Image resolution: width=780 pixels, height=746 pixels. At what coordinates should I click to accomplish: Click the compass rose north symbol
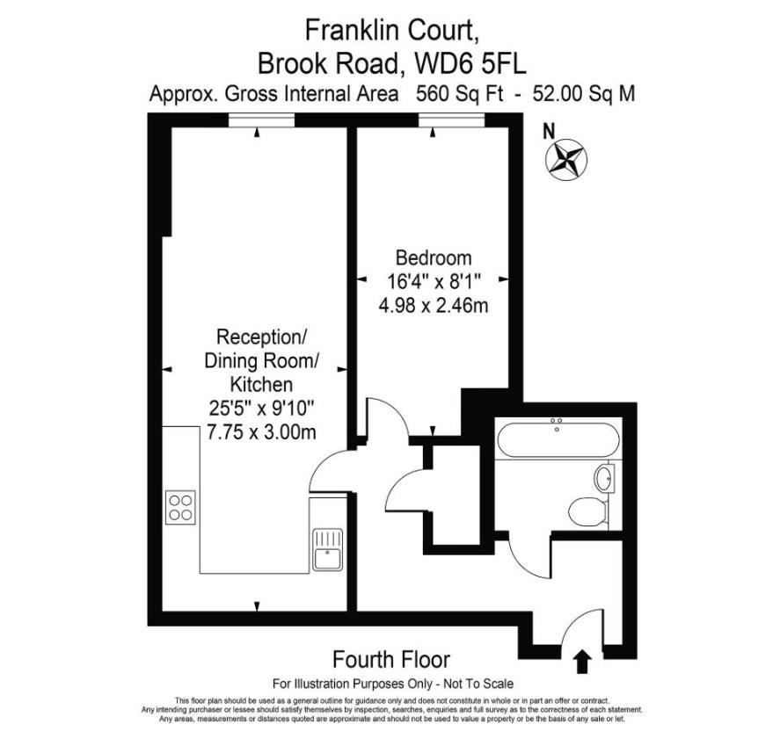pos(567,160)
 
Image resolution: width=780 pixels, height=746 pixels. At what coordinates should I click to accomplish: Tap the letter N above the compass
pos(550,132)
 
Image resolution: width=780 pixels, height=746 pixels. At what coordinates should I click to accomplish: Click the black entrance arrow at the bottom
pos(581,661)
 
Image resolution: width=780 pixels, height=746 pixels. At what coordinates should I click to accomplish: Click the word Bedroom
pos(434,258)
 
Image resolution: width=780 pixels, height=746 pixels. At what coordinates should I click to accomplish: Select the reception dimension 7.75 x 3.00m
pos(260,431)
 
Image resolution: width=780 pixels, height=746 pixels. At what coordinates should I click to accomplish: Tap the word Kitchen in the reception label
pos(260,384)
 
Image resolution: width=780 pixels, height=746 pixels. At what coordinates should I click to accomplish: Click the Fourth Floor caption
pos(390,659)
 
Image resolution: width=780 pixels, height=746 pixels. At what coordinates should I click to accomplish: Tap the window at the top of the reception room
pos(256,127)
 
